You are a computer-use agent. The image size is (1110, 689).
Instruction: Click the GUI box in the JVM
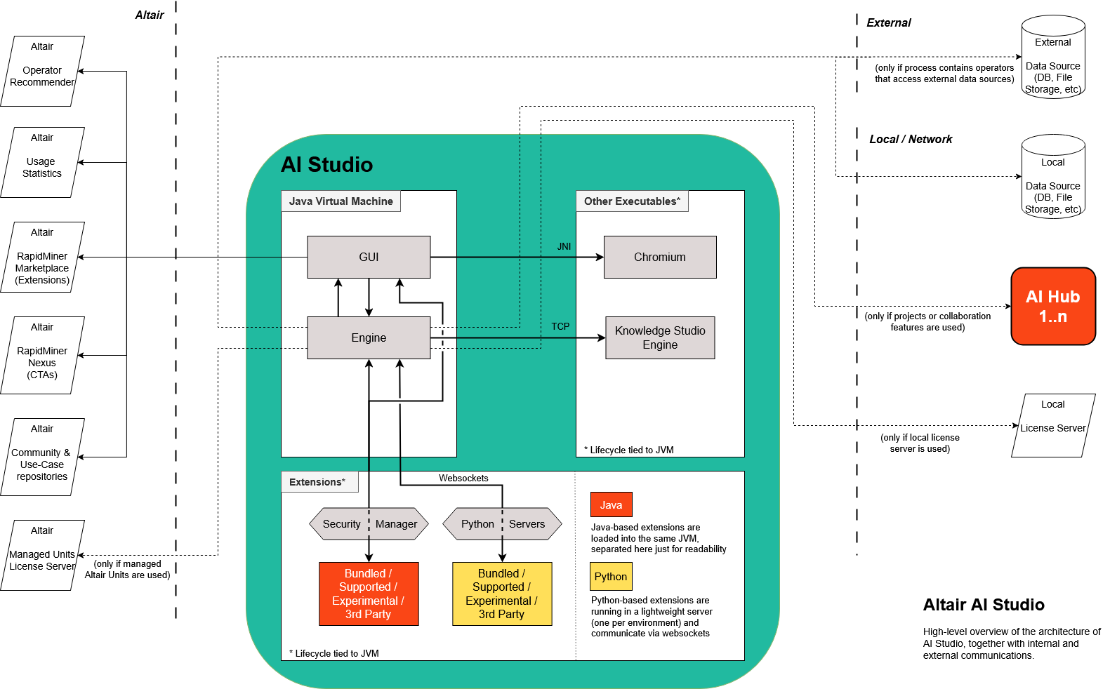[x=369, y=257]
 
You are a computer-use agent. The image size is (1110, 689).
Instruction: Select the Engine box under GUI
[x=369, y=337]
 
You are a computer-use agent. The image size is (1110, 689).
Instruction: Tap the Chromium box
[x=660, y=257]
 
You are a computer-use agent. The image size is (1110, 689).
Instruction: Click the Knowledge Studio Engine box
[x=660, y=337]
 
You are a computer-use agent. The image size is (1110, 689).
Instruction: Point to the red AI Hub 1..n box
[x=1052, y=306]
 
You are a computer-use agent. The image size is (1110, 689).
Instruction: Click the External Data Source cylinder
[x=1052, y=59]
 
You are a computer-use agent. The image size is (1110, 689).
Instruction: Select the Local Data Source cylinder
[x=1052, y=178]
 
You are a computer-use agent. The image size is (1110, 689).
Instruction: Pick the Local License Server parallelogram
[x=1052, y=425]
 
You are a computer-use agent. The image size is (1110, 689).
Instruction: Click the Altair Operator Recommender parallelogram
[x=42, y=71]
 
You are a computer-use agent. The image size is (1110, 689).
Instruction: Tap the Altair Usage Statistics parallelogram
[x=42, y=162]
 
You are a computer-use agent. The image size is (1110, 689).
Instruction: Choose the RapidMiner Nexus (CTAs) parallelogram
[x=42, y=355]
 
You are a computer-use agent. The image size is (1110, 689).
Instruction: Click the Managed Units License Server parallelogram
[x=42, y=555]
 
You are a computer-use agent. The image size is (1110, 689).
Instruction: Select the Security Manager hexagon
[x=369, y=523]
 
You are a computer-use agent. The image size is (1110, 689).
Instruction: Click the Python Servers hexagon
[x=502, y=523]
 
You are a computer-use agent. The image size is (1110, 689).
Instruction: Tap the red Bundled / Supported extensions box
[x=369, y=594]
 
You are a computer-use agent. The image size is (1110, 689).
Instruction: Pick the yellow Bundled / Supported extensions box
[x=502, y=594]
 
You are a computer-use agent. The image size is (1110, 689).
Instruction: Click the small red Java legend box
[x=611, y=504]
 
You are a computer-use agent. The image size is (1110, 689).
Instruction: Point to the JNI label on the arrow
[x=564, y=246]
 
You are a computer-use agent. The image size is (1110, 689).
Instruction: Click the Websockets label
[x=463, y=478]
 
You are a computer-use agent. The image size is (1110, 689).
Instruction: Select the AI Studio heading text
[x=326, y=164]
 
